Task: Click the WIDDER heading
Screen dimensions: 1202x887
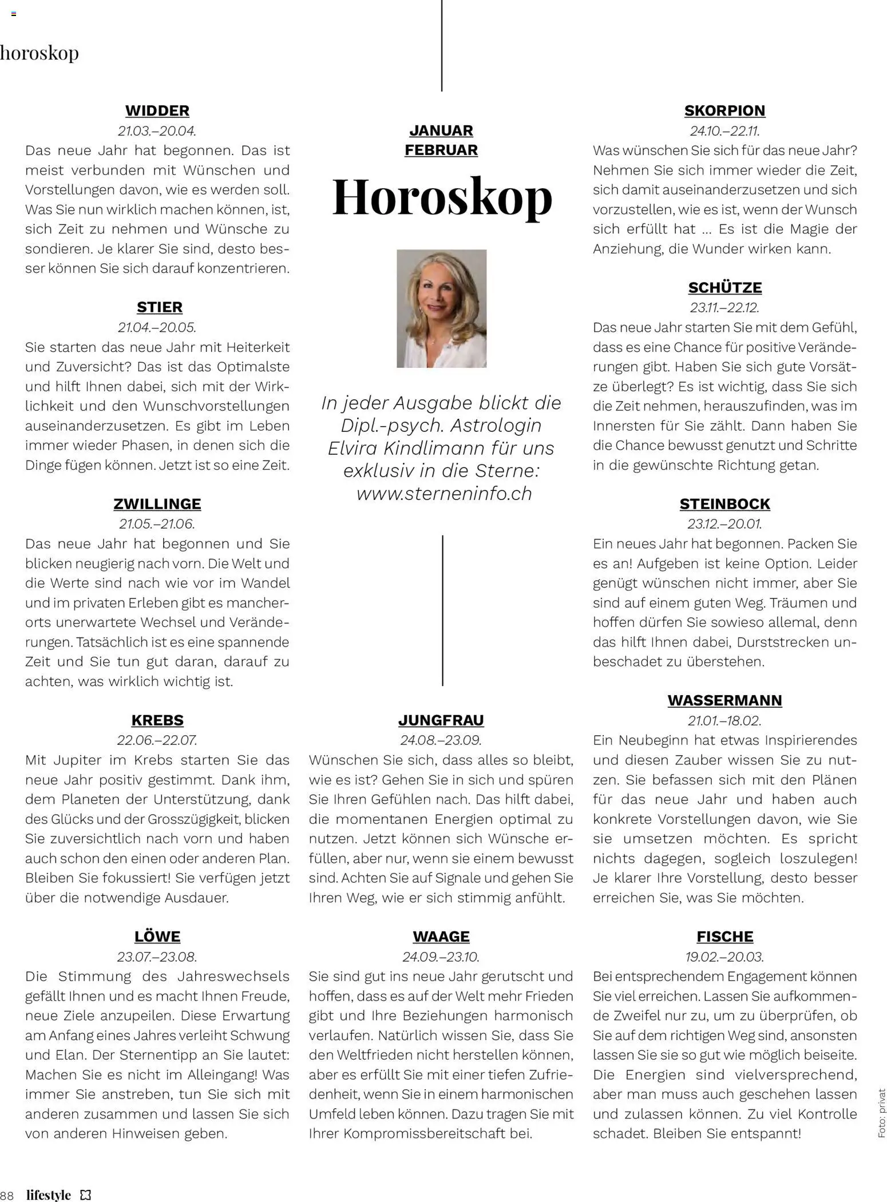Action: pos(157,110)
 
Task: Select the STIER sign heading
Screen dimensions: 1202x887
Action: pos(160,307)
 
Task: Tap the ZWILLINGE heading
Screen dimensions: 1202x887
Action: pos(157,504)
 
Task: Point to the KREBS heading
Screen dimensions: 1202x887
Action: pos(157,720)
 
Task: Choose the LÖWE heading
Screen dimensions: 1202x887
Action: pos(157,937)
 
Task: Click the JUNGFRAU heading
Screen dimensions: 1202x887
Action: pos(441,720)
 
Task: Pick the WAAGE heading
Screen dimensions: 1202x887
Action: pos(441,937)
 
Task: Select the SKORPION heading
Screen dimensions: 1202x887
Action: pos(724,110)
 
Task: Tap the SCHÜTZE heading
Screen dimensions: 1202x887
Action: pos(724,287)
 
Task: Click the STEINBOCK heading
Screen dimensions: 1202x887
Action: pos(724,504)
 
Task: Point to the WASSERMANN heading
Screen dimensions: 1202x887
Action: pos(724,700)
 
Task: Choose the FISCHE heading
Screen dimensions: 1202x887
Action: pos(724,937)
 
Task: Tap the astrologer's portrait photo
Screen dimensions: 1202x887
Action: pos(441,308)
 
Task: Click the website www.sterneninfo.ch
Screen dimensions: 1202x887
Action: pos(444,494)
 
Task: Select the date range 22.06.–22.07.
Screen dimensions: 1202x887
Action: pos(157,740)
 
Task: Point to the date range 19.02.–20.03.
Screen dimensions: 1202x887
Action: pos(724,957)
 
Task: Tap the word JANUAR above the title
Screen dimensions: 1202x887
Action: pos(441,130)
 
